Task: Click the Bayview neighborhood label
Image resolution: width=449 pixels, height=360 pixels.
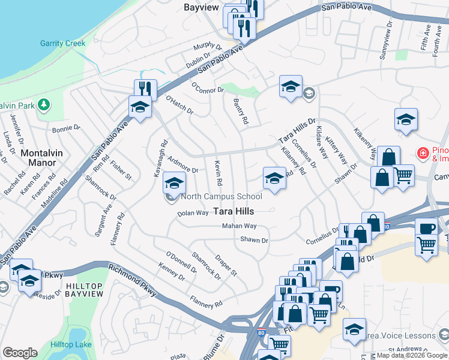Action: tap(201, 7)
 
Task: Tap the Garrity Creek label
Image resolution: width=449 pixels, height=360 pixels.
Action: tap(63, 43)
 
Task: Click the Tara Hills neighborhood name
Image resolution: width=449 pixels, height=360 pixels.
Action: tap(234, 211)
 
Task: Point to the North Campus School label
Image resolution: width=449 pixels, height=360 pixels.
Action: tap(221, 196)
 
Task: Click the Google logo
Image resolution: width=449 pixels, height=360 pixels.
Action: tap(20, 352)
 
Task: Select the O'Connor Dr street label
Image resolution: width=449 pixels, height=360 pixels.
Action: tap(207, 88)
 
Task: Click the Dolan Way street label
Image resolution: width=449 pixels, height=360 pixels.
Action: tap(193, 213)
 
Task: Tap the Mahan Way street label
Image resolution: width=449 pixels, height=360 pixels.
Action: tap(239, 226)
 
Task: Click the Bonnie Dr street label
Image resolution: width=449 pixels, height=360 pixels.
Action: tap(66, 128)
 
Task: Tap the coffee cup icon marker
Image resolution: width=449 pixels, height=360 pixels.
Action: tap(426, 228)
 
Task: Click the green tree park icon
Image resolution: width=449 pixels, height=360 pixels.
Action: tap(43, 105)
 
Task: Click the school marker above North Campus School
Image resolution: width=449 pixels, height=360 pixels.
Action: tap(175, 182)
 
